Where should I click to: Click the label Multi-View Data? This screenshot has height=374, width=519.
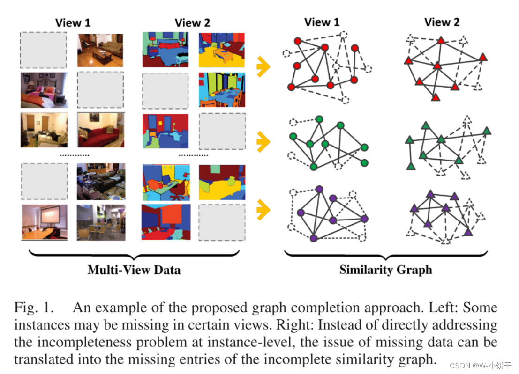pos(134,270)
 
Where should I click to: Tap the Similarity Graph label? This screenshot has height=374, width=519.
pos(385,270)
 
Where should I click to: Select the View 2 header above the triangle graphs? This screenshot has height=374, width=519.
pos(442,22)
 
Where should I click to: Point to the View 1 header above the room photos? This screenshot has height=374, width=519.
pos(73,22)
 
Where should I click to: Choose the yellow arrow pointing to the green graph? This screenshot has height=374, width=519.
pos(264,139)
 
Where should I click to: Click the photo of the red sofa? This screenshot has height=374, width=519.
pos(100,130)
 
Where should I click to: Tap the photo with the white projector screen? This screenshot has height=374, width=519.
pos(44,222)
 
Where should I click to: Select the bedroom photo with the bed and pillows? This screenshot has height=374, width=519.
pos(44,90)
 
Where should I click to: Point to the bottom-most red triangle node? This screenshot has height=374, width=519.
pos(436,97)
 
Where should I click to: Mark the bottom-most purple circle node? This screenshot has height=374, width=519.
pos(314,238)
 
